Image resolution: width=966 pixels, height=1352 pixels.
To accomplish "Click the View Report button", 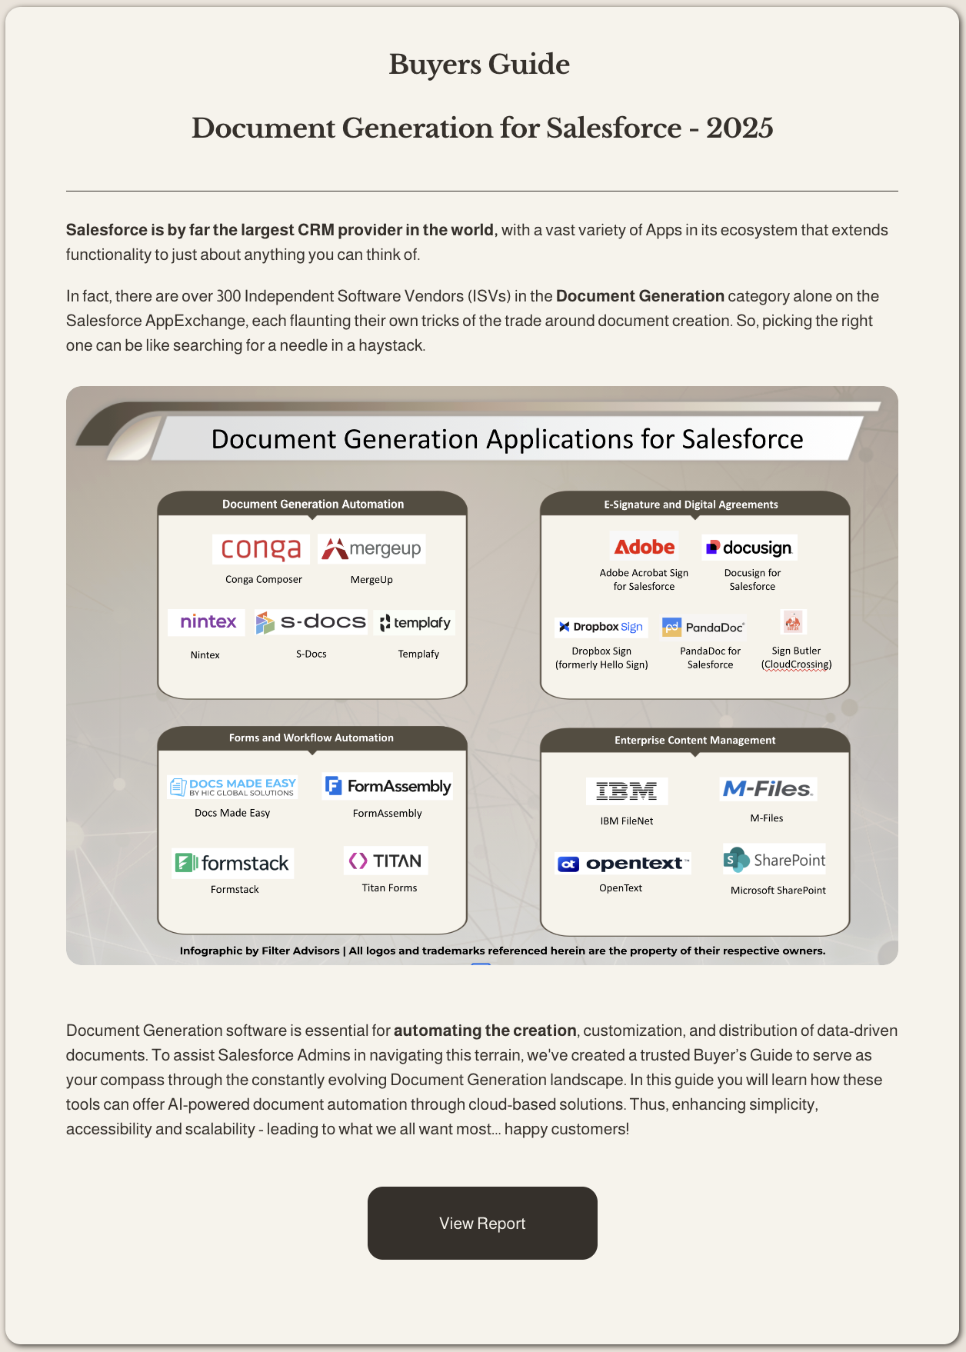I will click(482, 1223).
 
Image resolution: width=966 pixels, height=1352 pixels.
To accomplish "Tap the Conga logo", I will click(261, 549).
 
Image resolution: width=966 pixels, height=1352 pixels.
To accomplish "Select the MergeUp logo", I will click(371, 549).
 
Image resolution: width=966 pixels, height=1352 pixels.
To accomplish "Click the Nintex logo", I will click(207, 621).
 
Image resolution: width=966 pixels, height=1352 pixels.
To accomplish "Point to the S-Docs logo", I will click(311, 622).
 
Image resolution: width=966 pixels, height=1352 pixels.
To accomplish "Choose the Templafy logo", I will click(415, 622).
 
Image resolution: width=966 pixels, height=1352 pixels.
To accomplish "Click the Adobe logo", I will click(645, 547).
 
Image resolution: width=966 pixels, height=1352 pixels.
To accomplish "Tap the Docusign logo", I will click(750, 548).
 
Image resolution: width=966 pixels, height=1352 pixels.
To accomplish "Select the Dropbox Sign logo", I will click(601, 627).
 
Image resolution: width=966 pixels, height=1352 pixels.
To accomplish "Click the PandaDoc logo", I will click(704, 627).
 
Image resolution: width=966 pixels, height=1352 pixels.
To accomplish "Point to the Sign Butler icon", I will click(793, 621).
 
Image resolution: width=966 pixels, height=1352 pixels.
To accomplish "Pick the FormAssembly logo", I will click(388, 786).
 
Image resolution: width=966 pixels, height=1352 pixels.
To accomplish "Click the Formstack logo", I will click(233, 863).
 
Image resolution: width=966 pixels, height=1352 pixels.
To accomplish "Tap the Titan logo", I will click(386, 861).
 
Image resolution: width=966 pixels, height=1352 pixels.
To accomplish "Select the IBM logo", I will click(627, 791).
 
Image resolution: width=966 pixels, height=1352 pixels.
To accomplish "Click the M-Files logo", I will click(768, 789).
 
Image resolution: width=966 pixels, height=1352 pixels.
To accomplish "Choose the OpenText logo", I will click(624, 864).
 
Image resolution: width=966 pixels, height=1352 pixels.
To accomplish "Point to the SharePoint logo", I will click(774, 860).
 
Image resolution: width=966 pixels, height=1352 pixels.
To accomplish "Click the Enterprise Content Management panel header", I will click(695, 740).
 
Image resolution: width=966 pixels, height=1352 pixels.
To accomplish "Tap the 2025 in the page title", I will click(740, 128).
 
